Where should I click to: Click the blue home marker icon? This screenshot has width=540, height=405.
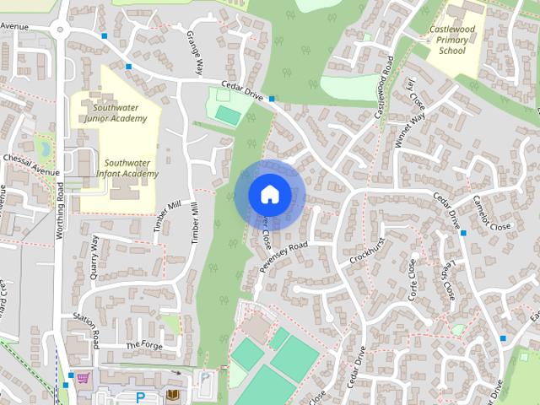[268, 194]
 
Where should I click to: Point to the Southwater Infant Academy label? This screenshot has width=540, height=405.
[126, 168]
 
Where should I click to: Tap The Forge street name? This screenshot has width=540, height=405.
[143, 345]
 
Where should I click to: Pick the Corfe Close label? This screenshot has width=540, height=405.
[413, 279]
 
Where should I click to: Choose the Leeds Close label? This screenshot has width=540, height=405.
[446, 281]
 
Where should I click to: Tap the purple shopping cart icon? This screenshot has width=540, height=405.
[83, 377]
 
